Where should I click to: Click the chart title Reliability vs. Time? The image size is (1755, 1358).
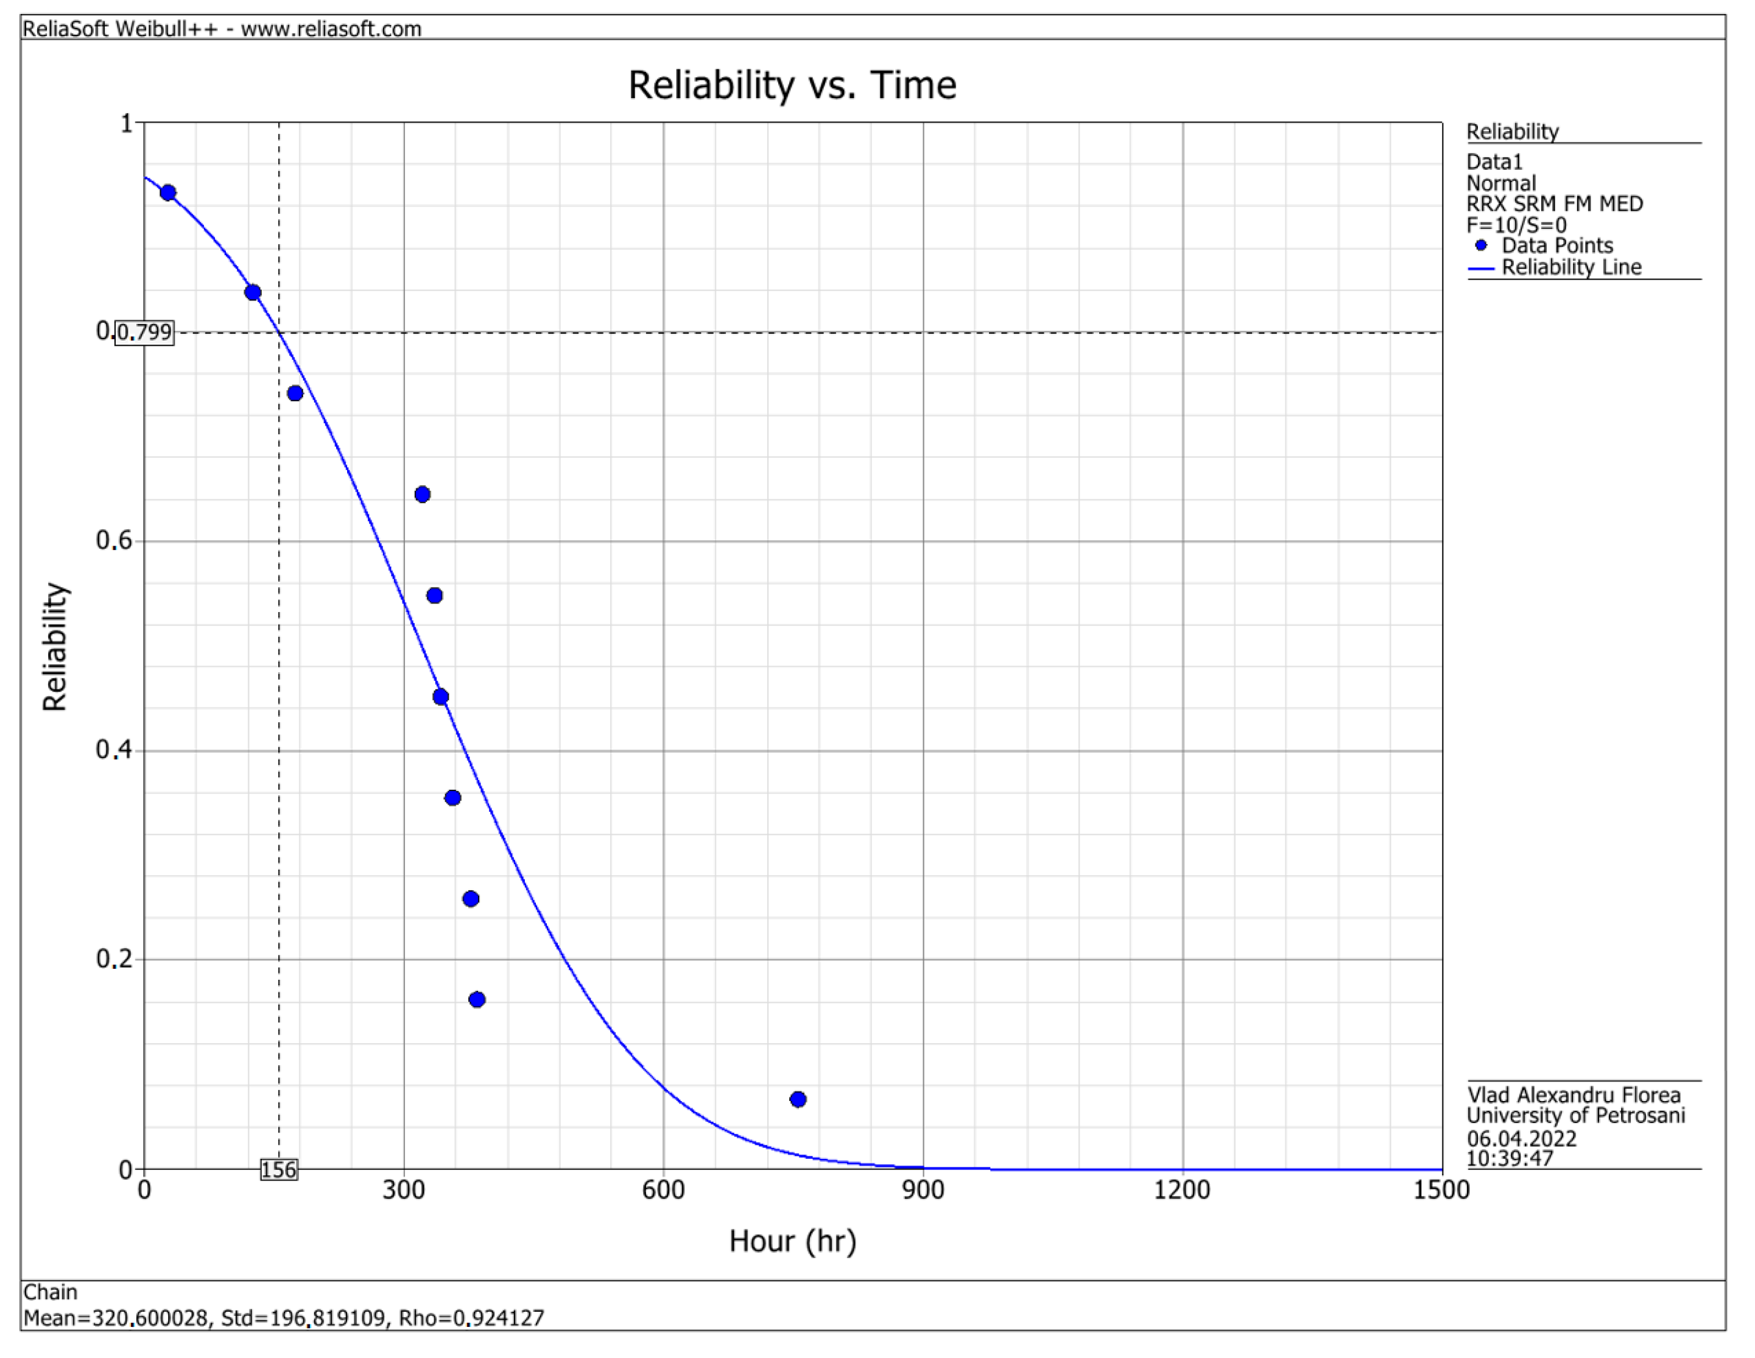coord(792,85)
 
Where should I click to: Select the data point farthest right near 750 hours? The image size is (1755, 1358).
coord(798,1099)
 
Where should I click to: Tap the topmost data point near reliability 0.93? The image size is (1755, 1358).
coord(168,193)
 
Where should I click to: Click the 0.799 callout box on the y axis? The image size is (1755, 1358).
coord(145,332)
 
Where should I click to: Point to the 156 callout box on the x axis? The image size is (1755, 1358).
coord(279,1170)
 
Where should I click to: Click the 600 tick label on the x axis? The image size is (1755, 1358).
coord(663,1190)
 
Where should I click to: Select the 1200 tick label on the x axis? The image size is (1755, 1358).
coord(1182,1190)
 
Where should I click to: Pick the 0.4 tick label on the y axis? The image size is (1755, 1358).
coord(114,750)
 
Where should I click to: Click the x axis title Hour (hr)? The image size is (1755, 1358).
coord(792,1242)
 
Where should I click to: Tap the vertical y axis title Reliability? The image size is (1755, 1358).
coord(55,647)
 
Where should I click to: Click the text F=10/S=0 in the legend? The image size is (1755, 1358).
coord(1516,225)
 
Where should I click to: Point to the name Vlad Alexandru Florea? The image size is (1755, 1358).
coord(1572,1096)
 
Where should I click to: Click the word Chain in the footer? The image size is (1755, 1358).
coord(51,1292)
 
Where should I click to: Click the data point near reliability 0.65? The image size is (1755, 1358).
coord(423,494)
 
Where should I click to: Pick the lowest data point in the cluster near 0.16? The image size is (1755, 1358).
coord(477,999)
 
